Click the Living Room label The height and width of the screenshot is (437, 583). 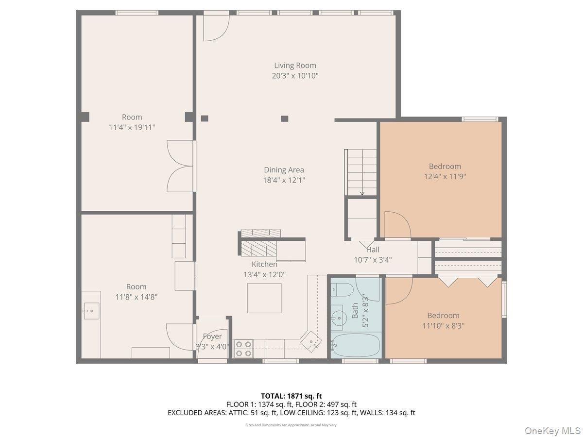coord(295,66)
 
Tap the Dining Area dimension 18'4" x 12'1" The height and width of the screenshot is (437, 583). coord(284,181)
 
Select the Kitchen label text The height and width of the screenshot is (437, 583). coord(264,264)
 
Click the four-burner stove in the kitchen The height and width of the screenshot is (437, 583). coord(243,349)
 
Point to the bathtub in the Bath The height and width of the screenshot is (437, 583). coord(356,345)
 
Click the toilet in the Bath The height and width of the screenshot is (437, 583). coord(343,289)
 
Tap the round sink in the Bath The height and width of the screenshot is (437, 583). coord(339,318)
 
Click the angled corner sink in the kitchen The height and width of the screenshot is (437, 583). coord(311,341)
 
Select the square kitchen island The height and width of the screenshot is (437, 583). coord(264,298)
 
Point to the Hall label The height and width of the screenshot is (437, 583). coord(373,250)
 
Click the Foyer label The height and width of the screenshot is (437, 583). coord(212,336)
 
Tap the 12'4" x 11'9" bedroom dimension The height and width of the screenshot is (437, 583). coord(445,177)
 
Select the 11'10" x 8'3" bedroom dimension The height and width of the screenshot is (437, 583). coord(443,326)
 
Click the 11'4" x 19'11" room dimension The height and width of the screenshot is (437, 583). coord(132,127)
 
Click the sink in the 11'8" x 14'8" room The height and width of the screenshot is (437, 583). coord(91,311)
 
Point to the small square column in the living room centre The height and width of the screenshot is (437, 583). coord(285,118)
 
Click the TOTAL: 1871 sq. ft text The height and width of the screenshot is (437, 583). coord(291,396)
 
